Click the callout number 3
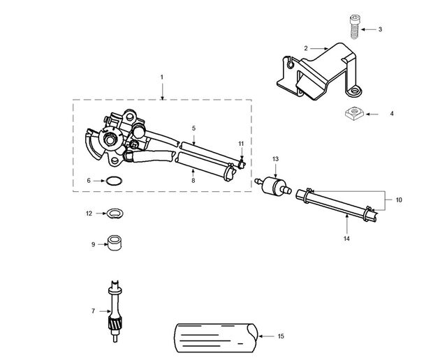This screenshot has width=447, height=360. coord(380,29)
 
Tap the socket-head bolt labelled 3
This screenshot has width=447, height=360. coord(354,27)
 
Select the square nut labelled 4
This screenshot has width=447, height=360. coord(354,112)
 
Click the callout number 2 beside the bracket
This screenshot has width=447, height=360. coord(306,48)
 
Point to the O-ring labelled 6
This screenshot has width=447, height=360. coord(114,181)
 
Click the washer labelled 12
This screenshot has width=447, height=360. coord(115,213)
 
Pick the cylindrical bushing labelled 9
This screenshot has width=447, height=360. coord(115,243)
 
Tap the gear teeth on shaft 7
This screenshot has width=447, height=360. coord(115,324)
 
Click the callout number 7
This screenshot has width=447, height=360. coord(93,311)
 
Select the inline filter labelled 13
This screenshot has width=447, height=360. coord(273,185)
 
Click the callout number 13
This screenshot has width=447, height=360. coord(275,159)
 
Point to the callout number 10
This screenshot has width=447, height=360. coord(399,200)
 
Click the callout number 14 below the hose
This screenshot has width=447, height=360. coord(346,239)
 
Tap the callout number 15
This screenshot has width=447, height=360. coord(281,336)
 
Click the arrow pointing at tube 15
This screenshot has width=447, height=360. coord(266,336)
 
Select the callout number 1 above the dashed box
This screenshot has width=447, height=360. coord(162,77)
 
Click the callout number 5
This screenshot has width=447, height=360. coord(194,128)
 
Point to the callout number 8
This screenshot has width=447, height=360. coord(193,181)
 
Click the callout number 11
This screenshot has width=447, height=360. coord(241,144)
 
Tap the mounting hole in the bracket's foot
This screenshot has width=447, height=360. coord(354,91)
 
